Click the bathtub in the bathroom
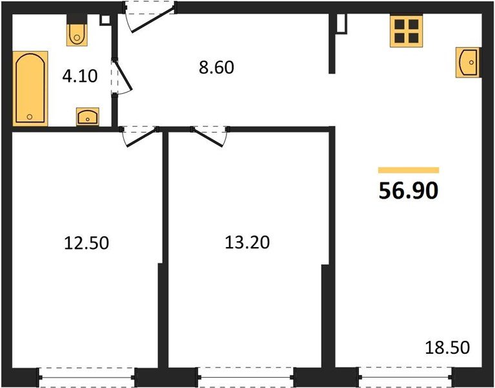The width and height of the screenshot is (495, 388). (30, 89)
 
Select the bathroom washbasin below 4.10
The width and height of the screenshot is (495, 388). (88, 116)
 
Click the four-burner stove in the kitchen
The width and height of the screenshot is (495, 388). (407, 31)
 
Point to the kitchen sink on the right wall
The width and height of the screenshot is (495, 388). (468, 62)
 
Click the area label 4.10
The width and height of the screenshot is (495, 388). (80, 76)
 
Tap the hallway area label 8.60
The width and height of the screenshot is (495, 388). (217, 67)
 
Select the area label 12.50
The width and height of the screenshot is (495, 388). (86, 243)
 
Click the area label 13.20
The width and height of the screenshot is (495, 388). (247, 242)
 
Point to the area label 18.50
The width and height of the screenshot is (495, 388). (447, 347)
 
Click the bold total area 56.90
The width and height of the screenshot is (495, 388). (409, 191)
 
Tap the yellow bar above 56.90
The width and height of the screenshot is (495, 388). (409, 170)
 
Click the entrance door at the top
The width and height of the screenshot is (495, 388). (150, 16)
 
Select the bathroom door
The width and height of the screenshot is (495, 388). (121, 76)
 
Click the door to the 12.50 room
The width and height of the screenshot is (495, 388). (139, 136)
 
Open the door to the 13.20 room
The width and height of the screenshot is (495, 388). (210, 136)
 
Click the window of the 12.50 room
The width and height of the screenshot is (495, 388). (86, 377)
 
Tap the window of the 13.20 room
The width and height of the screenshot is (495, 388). (247, 377)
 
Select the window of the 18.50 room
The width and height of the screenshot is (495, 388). (406, 376)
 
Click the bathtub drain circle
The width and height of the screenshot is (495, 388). (30, 116)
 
